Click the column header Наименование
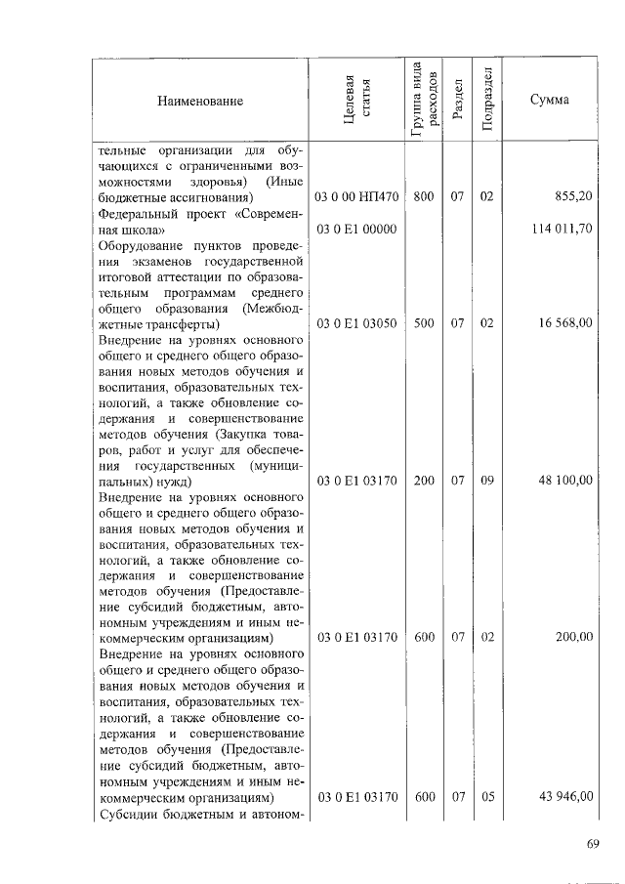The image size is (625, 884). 198,101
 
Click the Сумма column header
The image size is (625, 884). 550,101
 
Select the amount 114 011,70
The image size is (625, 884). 562,229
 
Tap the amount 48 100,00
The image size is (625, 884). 565,481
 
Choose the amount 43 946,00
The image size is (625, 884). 565,796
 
